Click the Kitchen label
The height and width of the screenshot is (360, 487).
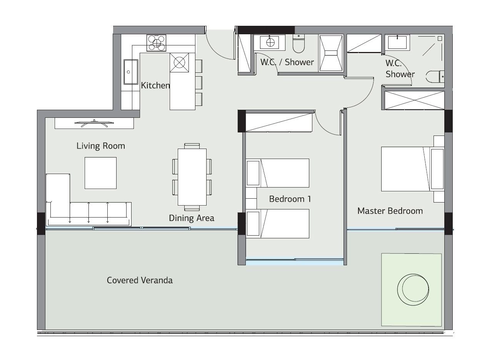(155, 85)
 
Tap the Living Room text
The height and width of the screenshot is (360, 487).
(100, 146)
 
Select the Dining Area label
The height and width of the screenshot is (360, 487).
(192, 218)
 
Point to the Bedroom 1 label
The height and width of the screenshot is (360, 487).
(290, 199)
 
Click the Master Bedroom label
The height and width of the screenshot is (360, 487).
(390, 211)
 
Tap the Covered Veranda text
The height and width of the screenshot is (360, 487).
(140, 280)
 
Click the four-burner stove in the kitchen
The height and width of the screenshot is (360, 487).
(156, 43)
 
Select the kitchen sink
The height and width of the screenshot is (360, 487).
(131, 72)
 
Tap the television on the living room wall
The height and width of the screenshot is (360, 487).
(94, 124)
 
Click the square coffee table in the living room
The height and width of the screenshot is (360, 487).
(100, 173)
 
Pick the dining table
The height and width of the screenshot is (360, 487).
(192, 177)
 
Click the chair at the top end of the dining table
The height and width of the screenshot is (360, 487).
(192, 146)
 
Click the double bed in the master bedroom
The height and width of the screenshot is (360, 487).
(413, 169)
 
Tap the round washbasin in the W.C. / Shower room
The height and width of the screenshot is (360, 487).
(270, 42)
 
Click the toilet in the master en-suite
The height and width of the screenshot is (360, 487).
(435, 77)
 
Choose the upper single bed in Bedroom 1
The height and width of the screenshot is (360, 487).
(277, 173)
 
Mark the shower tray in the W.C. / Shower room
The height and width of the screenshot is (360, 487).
(331, 53)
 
